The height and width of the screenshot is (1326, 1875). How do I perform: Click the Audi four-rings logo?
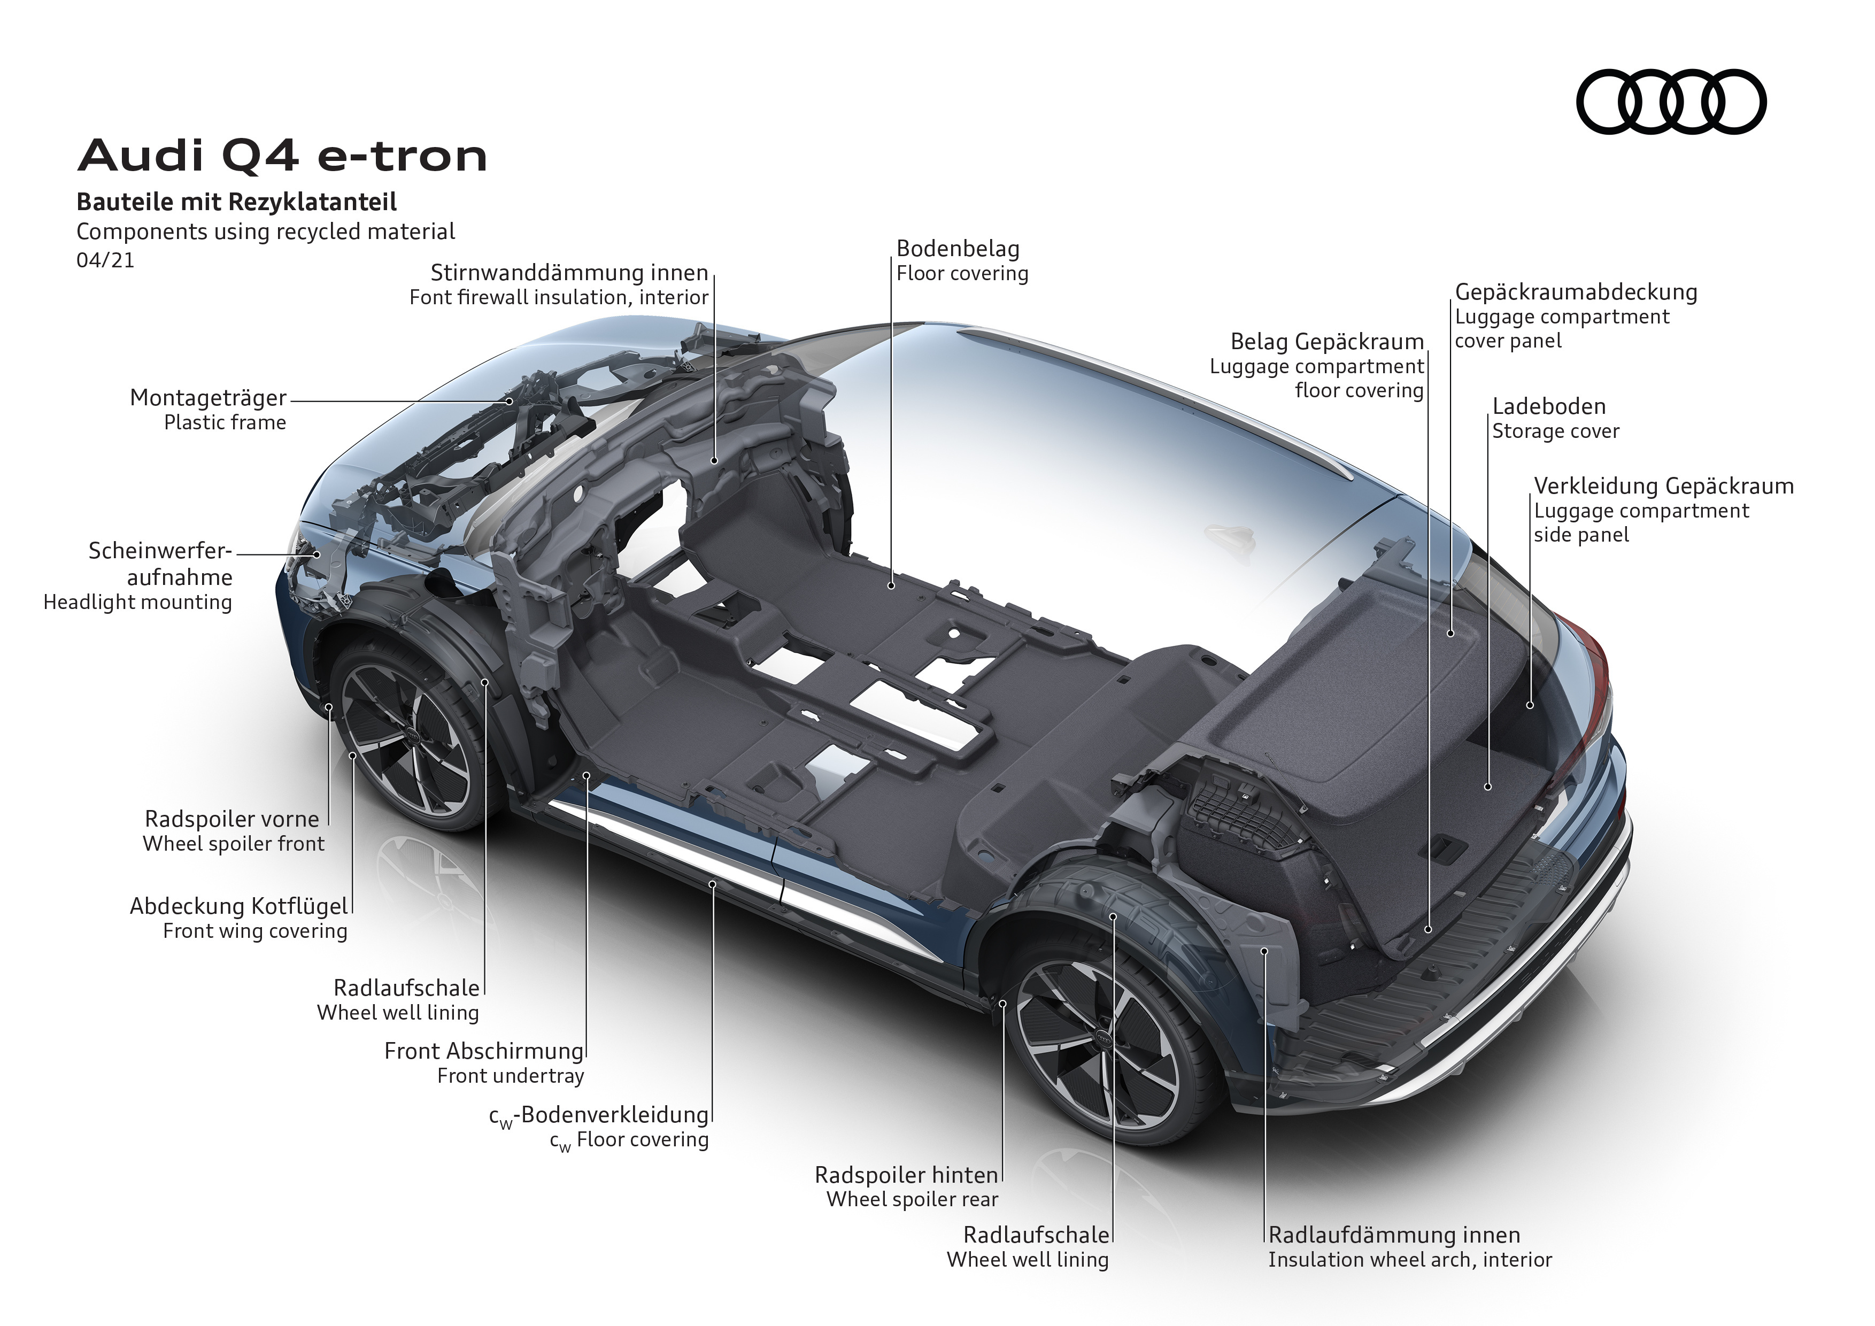1671,102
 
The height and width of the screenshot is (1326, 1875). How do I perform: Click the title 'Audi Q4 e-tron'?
282,155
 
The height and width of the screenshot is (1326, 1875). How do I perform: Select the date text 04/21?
105,260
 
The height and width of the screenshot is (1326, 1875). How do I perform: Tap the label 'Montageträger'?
208,398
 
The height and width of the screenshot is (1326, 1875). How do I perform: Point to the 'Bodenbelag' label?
958,248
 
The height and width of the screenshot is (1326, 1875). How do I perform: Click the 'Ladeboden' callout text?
1549,406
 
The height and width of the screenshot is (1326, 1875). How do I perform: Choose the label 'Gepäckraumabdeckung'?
1576,292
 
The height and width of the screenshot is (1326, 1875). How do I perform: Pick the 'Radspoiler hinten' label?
906,1175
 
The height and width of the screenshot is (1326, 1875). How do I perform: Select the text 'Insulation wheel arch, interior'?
1410,1260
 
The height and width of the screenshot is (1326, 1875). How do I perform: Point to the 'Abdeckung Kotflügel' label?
238,906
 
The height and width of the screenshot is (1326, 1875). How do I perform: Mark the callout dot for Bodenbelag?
892,585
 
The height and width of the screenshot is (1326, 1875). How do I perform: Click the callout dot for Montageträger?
510,401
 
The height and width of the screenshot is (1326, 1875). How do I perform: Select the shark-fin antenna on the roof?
1231,539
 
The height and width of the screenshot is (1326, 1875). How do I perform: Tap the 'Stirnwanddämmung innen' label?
569,273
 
